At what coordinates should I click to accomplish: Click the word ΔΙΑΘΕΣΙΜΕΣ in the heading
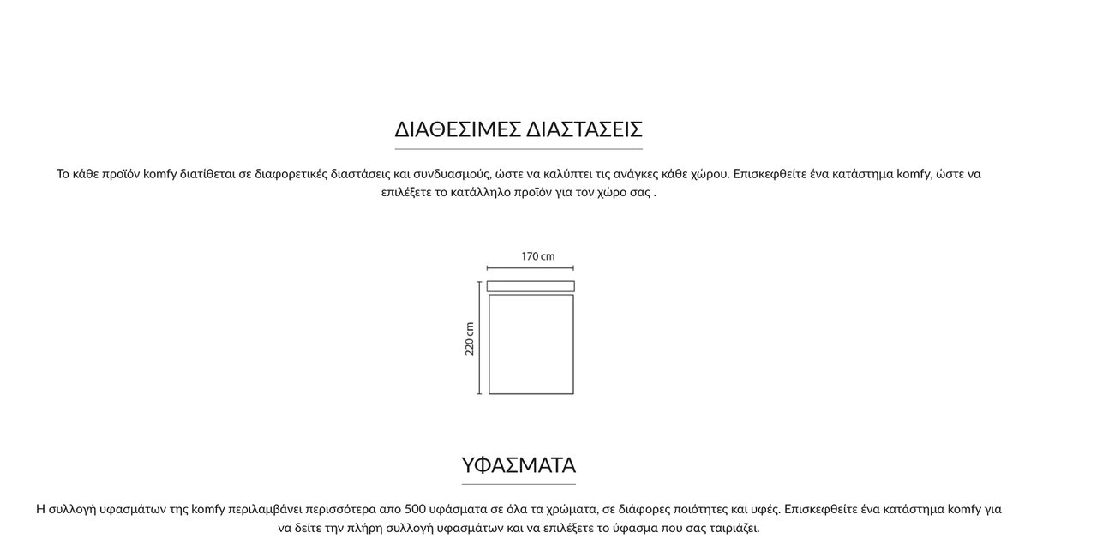[457, 129]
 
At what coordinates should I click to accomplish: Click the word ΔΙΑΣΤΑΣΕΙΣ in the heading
[584, 129]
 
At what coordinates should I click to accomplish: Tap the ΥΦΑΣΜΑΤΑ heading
[519, 465]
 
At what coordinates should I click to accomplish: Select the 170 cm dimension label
[537, 256]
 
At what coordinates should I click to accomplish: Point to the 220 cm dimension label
[470, 338]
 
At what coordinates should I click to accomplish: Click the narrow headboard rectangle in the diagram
[531, 286]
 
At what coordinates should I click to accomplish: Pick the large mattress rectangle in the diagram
[531, 344]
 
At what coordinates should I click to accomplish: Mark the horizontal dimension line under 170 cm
[531, 268]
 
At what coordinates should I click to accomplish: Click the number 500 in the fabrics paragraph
[416, 509]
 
